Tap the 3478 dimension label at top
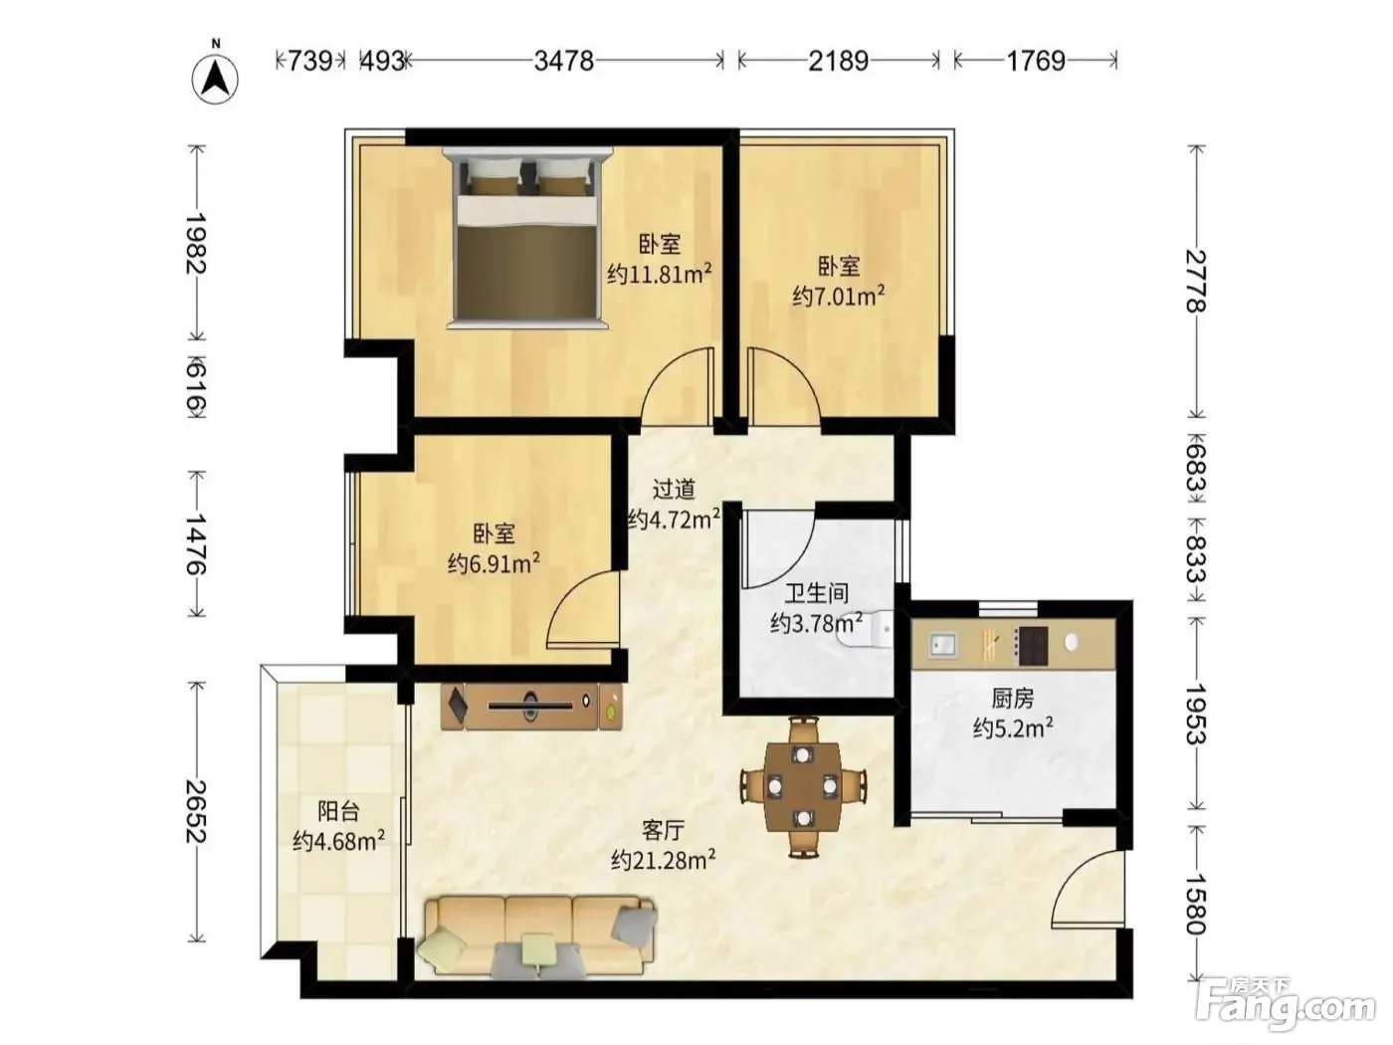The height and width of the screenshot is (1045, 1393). (563, 61)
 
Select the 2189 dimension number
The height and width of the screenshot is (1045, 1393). (838, 61)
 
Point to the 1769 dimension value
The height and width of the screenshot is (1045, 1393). (1036, 61)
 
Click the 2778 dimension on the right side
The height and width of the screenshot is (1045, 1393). (1196, 281)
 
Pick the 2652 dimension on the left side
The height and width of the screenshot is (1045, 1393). (196, 811)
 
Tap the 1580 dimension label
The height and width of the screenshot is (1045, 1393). (1196, 905)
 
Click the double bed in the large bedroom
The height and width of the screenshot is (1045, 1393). (527, 238)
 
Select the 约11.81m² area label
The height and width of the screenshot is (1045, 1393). (660, 274)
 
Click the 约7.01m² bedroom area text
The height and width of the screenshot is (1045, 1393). (839, 295)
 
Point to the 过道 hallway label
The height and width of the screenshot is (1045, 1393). (674, 490)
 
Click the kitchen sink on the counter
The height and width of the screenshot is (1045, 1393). (943, 645)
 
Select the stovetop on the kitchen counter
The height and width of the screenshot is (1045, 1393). (1033, 646)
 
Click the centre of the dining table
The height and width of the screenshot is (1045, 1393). (803, 787)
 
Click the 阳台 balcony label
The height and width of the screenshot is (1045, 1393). (338, 811)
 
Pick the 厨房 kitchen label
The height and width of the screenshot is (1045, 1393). (1012, 698)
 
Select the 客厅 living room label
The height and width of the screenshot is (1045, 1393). (664, 829)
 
